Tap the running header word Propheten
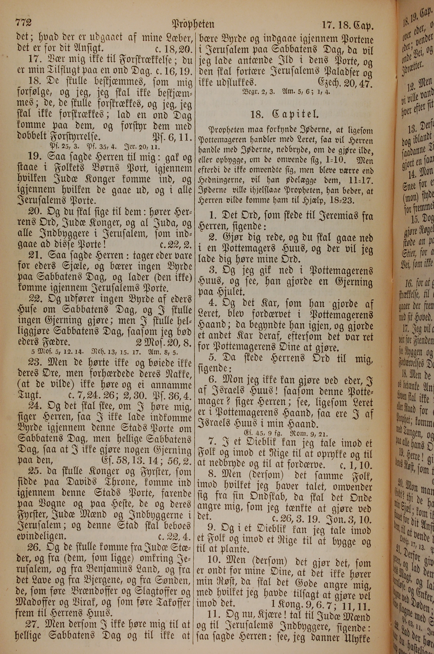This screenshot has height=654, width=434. click(193, 24)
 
